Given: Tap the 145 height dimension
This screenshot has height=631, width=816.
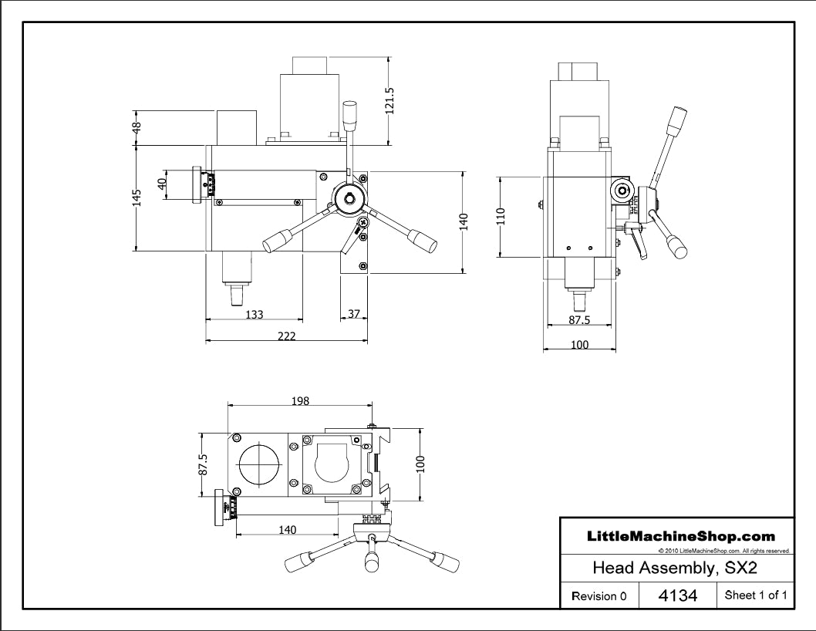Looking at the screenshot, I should pos(137,197).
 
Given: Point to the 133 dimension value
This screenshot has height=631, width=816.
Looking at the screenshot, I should pos(254,314).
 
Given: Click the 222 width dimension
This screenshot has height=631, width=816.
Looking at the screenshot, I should pos(286,336).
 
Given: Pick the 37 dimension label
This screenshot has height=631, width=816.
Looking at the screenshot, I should pos(354,314).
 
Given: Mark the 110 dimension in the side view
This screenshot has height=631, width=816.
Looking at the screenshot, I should pos(501,217).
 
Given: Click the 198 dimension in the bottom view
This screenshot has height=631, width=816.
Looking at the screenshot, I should pos(300,401).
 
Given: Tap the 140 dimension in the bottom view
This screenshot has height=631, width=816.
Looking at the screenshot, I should pos(287,529).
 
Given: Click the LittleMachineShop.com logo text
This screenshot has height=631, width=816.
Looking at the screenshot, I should pos(681,536).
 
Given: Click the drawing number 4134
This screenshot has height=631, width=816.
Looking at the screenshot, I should pos(678,596).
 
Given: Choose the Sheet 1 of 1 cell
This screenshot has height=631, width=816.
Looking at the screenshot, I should pos(756,595).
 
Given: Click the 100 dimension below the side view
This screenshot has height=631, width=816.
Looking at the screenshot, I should pos(579,345).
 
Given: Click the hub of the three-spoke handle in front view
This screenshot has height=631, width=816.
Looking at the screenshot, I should pos(349,200).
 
